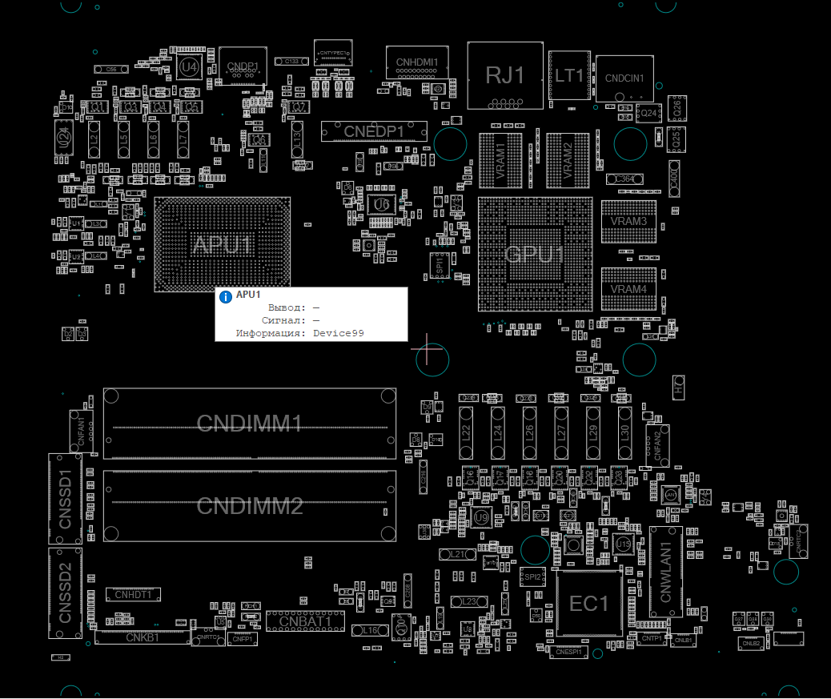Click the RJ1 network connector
505,75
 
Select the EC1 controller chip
589,604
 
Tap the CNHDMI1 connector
417,62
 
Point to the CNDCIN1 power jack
624,78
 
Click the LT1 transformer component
569,76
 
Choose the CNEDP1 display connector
374,131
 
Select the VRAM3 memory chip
628,221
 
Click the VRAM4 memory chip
628,288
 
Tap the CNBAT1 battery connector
305,621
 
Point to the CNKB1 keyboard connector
143,637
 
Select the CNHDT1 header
133,595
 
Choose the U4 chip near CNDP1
189,68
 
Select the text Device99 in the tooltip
338,332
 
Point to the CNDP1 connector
242,66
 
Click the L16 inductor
370,631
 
